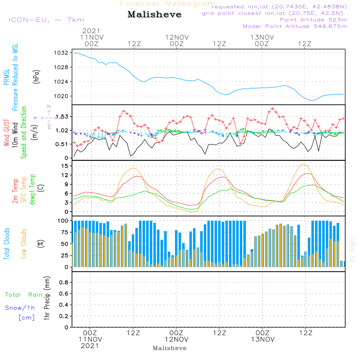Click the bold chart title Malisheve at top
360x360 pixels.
tap(154, 15)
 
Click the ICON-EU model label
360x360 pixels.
tap(46, 20)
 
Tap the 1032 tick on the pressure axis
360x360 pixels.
tap(61, 53)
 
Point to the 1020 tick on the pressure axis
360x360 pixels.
tap(61, 96)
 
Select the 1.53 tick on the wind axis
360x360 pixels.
tap(62, 117)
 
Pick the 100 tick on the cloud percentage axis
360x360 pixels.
tap(63, 221)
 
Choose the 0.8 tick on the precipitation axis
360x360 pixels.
tap(64, 283)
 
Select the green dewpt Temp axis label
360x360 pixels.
tap(32, 189)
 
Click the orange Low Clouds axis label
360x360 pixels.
tap(24, 244)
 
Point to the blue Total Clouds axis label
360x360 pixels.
tap(6, 244)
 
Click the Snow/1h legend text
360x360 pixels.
tap(20, 308)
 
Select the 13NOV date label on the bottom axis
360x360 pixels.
tap(262, 339)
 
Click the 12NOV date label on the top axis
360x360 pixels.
tap(177, 37)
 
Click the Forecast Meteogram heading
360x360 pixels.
tap(168, 4)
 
